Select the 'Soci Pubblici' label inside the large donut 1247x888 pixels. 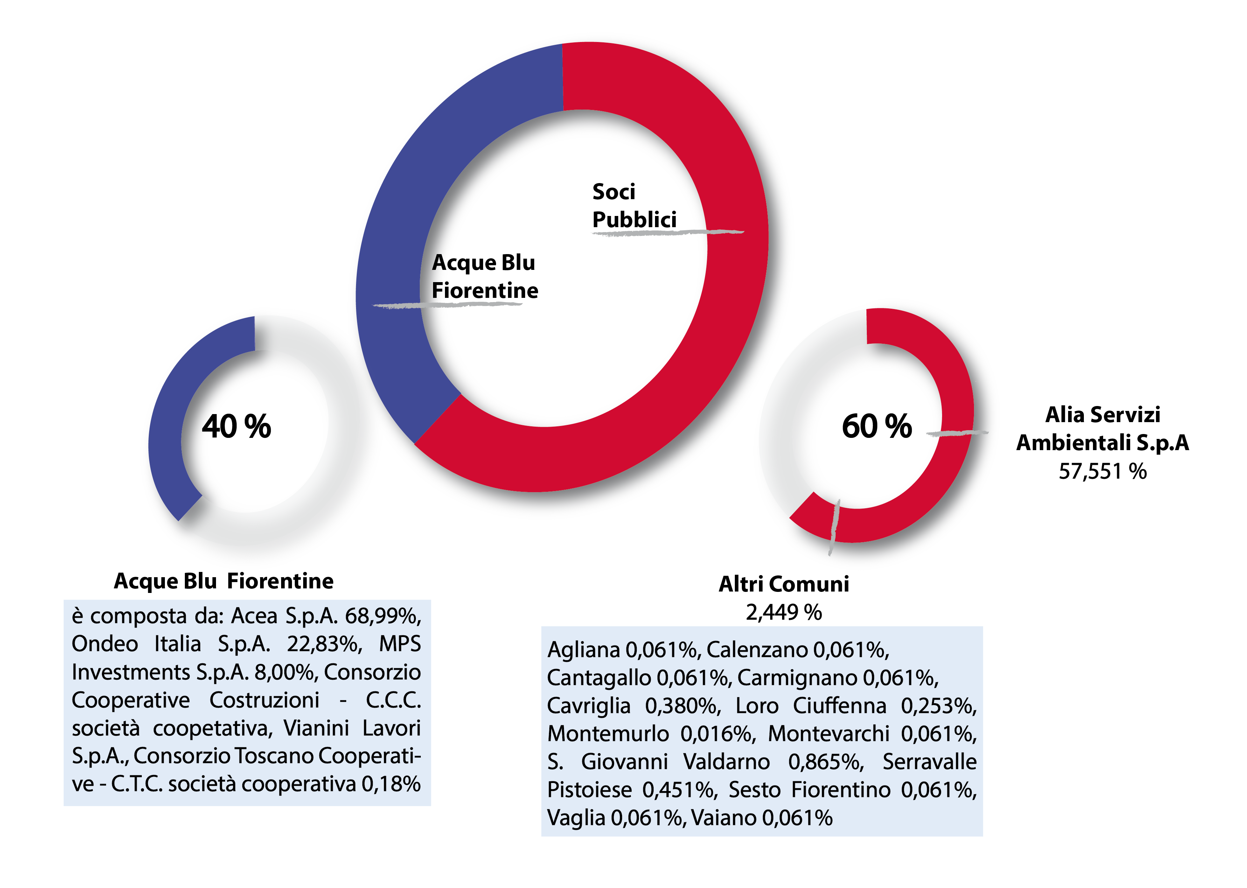point(634,205)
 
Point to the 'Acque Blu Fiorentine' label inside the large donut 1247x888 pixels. point(485,276)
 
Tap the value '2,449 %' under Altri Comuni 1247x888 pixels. point(784,613)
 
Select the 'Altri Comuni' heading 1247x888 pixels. point(784,584)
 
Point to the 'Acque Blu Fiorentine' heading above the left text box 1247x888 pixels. point(224,581)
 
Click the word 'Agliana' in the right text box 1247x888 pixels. point(584,650)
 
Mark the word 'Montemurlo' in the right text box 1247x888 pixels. point(608,734)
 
